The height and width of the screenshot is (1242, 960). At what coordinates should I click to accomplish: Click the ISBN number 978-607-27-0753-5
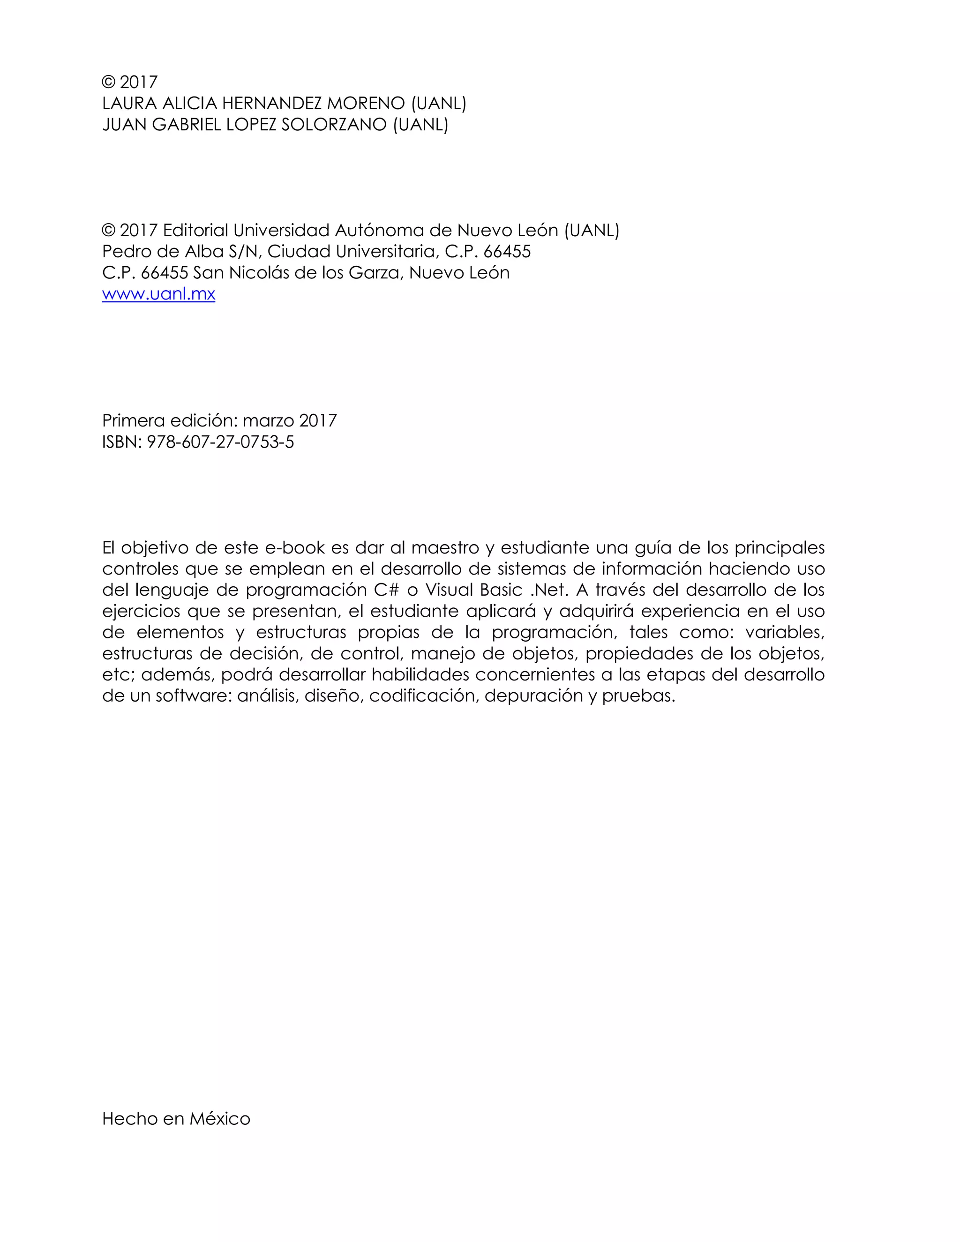coord(220,442)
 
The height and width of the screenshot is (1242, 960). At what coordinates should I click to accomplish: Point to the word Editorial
coord(195,230)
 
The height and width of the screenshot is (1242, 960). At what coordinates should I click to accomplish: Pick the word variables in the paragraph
coord(784,632)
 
